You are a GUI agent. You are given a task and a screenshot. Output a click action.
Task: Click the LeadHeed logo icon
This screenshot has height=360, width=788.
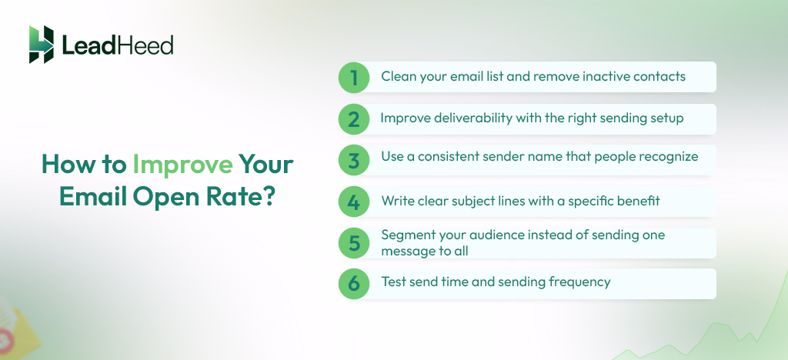click(x=42, y=45)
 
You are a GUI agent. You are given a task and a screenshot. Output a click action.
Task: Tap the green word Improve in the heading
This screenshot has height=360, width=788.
click(x=182, y=165)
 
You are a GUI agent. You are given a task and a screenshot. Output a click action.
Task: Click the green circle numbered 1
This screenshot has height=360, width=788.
click(x=354, y=78)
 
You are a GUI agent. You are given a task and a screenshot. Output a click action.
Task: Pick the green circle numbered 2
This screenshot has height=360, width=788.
click(x=354, y=119)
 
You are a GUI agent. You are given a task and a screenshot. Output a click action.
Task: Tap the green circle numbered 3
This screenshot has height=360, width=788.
click(x=354, y=160)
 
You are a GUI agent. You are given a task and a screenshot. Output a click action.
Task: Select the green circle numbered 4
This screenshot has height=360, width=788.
click(x=354, y=202)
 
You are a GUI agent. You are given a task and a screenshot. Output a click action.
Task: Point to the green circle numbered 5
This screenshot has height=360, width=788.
click(x=354, y=243)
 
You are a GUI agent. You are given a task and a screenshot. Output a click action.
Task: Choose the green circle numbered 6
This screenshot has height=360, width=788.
click(x=354, y=283)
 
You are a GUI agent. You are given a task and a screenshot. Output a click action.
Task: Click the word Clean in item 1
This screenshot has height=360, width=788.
click(x=399, y=77)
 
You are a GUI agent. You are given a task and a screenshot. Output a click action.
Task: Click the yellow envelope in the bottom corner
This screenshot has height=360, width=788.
click(x=15, y=327)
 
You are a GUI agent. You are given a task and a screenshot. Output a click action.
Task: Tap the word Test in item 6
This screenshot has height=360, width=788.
click(x=394, y=282)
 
